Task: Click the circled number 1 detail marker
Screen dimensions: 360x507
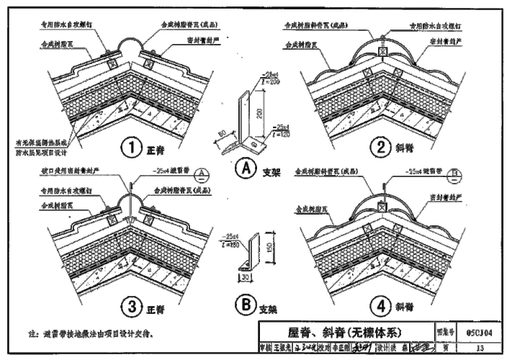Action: (x=131, y=148)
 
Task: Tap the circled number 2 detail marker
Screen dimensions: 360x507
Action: (x=380, y=148)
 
